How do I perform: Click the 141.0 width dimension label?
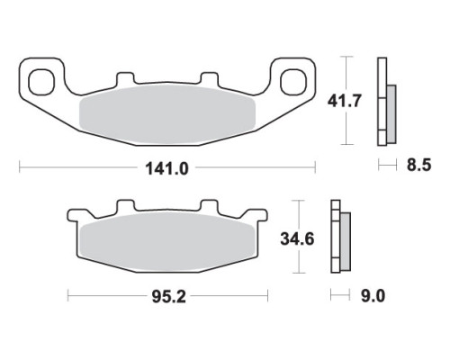click(x=166, y=168)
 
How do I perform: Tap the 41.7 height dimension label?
click(x=344, y=101)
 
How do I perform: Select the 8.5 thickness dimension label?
click(x=418, y=165)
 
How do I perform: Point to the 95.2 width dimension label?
click(x=169, y=297)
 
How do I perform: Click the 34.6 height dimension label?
click(x=297, y=239)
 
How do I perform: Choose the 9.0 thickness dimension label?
click(x=373, y=296)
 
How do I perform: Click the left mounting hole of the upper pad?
click(x=41, y=81)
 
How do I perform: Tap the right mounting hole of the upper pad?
click(x=293, y=81)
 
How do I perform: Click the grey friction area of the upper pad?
click(x=166, y=113)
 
